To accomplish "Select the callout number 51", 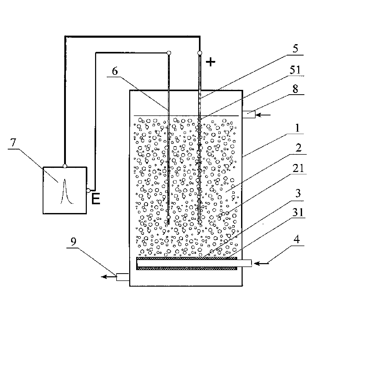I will click(296, 70).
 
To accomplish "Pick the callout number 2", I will click(299, 148).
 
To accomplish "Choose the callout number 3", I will click(298, 193).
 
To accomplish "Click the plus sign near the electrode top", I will click(211, 62).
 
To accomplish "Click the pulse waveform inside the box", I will click(65, 191).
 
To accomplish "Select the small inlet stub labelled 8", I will click(249, 114).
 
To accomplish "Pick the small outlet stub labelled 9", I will click(123, 277).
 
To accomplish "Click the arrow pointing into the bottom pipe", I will click(261, 263).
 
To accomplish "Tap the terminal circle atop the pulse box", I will click(65, 166).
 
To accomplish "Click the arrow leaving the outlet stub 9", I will click(108, 277).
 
